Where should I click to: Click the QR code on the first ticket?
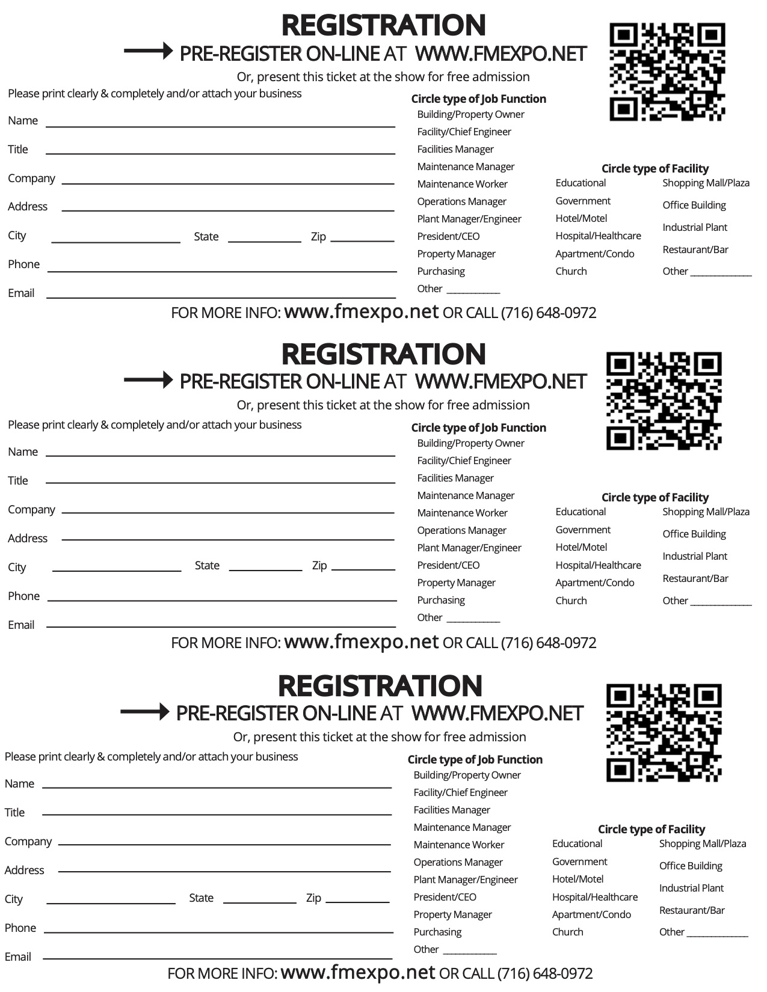(x=667, y=72)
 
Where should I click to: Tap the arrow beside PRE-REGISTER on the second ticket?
(x=148, y=380)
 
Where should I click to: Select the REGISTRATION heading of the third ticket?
(x=380, y=686)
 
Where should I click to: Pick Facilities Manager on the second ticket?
(x=455, y=478)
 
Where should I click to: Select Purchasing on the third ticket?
(x=437, y=932)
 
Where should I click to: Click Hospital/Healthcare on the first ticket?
(x=598, y=236)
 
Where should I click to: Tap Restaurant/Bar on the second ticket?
(x=695, y=578)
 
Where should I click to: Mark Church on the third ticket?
(x=567, y=932)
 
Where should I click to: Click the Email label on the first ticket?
(x=21, y=293)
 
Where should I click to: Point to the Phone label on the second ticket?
(x=23, y=596)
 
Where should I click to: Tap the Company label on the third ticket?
(x=28, y=841)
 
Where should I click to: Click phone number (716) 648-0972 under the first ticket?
(x=548, y=313)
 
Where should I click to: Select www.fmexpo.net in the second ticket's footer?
(x=361, y=642)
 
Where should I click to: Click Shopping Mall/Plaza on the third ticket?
(x=702, y=844)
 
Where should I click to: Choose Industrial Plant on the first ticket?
(x=695, y=227)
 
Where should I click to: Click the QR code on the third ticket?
(x=664, y=733)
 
